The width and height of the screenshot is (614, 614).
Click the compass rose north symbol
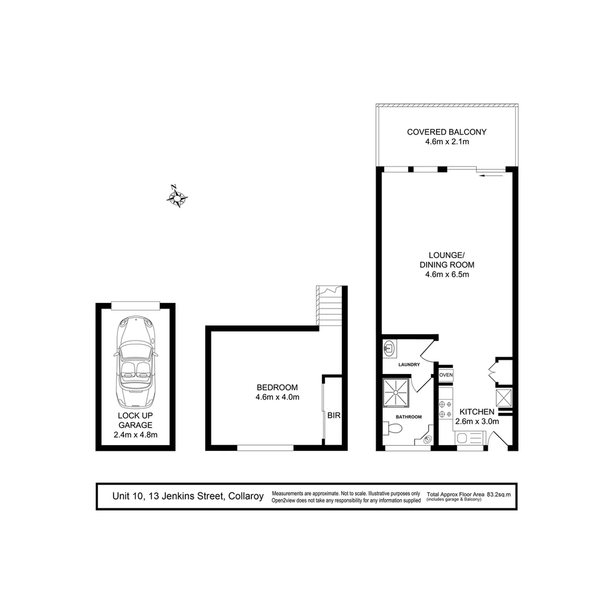(177, 197)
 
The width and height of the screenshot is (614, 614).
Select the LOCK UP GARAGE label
(135, 420)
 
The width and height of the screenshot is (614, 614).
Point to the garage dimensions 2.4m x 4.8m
(135, 435)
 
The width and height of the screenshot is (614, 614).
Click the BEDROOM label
(277, 388)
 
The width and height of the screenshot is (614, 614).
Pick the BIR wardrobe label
(334, 416)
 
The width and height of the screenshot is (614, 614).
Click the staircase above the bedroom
(330, 307)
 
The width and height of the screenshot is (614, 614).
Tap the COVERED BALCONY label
(447, 132)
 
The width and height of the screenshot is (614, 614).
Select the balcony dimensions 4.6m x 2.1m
(447, 142)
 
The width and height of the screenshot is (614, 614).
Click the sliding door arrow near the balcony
(492, 176)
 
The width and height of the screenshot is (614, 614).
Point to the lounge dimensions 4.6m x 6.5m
(447, 275)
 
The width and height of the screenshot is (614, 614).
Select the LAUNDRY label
(409, 364)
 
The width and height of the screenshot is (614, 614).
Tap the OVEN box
(446, 375)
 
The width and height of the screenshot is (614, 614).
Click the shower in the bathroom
(396, 392)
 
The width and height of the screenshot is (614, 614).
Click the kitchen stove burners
(445, 409)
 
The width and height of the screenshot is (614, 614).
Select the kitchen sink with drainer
(470, 438)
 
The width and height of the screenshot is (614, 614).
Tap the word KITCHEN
(476, 412)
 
